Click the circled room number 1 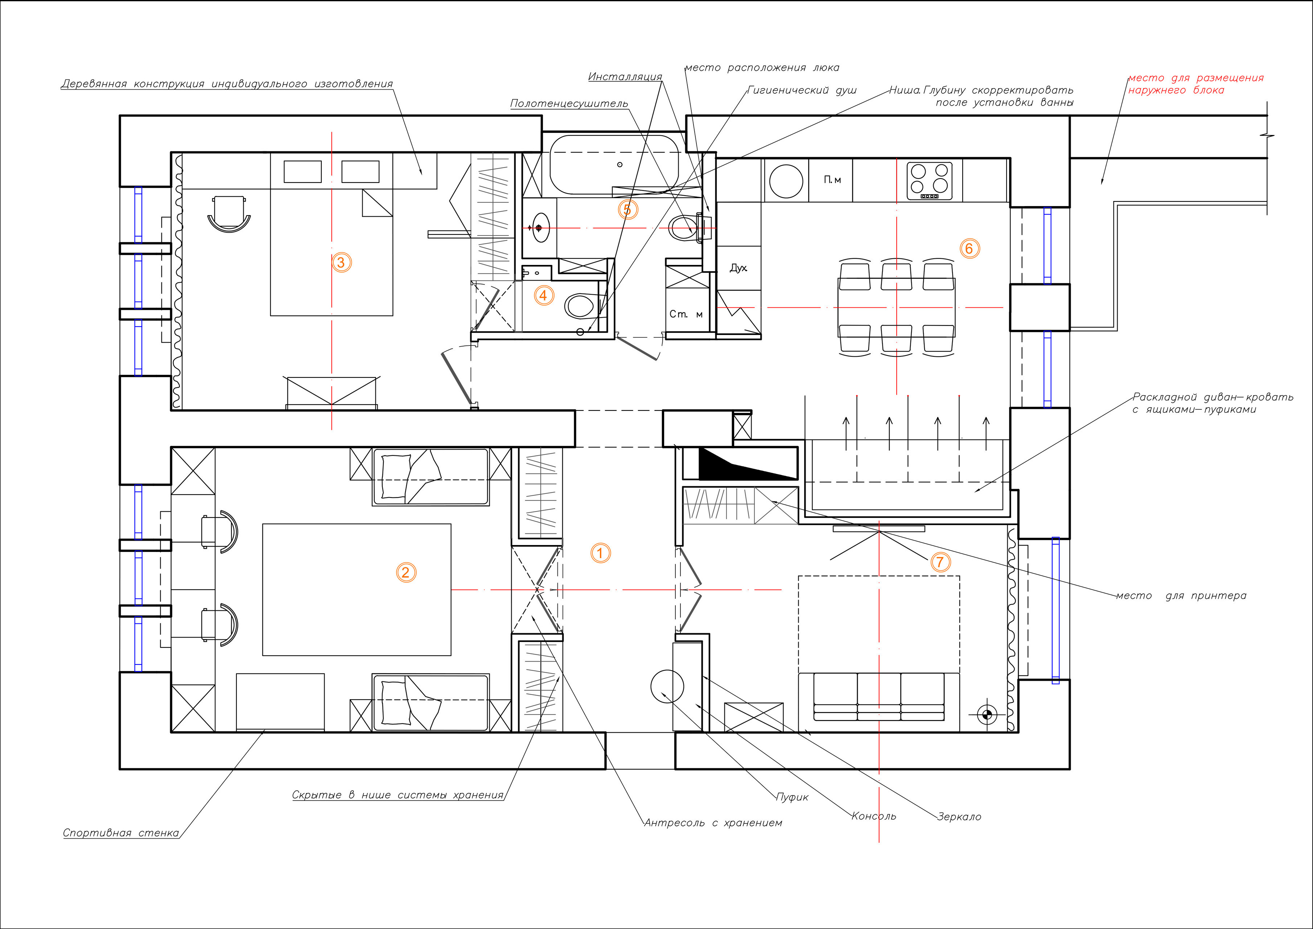pos(600,553)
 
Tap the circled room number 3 pos(341,263)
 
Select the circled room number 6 pos(969,249)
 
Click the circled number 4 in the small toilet pos(543,296)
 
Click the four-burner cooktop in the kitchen pos(929,181)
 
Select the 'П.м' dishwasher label pos(832,180)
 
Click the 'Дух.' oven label pos(738,268)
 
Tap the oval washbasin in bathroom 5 pos(540,228)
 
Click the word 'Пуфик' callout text pos(792,797)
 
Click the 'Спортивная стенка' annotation pos(121,833)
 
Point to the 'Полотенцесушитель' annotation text pos(569,103)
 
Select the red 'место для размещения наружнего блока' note pos(1195,83)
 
